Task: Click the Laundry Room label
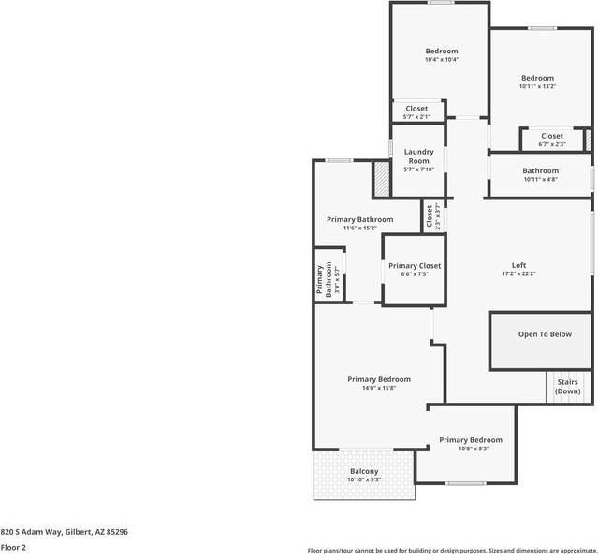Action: click(418, 155)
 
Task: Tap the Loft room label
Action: click(518, 265)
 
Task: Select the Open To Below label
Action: click(544, 334)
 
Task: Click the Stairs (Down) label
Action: click(568, 387)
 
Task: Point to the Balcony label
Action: click(364, 471)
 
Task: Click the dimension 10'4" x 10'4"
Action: click(442, 60)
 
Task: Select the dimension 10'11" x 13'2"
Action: click(537, 86)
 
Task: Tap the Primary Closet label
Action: click(415, 266)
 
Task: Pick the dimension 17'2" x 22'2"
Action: click(518, 273)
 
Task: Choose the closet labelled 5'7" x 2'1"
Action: click(416, 112)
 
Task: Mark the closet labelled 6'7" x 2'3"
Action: click(552, 140)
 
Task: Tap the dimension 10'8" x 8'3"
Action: click(471, 449)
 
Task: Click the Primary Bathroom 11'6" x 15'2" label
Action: click(359, 223)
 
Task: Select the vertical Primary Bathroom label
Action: click(323, 279)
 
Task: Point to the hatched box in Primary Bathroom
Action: click(381, 180)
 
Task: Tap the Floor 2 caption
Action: click(13, 548)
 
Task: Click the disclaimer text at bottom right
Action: click(452, 551)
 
